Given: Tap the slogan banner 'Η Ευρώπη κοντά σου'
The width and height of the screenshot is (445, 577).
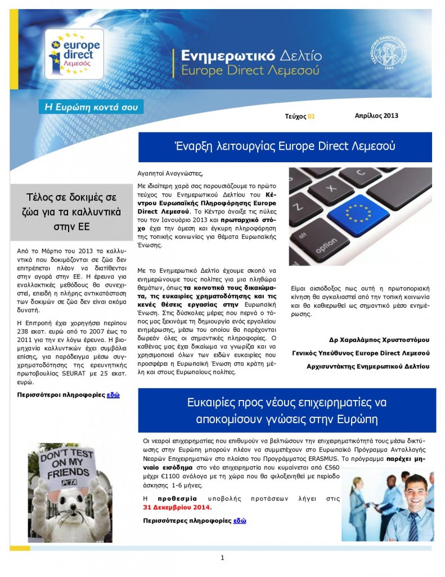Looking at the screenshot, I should (90, 106).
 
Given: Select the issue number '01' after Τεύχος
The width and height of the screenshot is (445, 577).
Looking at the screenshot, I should (311, 116).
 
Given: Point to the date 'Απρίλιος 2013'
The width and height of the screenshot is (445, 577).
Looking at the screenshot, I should (376, 116).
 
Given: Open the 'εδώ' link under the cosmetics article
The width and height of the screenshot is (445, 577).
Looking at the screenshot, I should (113, 395).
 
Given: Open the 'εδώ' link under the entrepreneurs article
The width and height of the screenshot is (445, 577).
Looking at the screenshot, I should (240, 521).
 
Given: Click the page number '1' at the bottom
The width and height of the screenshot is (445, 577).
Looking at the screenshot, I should (222, 558).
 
